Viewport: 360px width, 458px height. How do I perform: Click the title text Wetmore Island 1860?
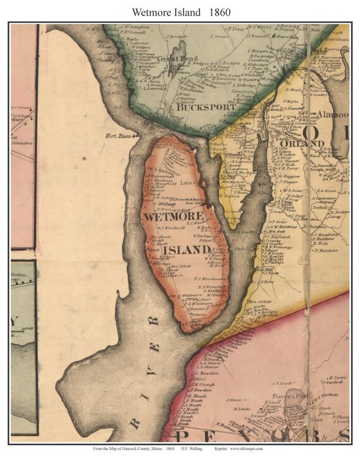(179, 11)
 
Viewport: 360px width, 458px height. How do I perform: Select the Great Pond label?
(171, 59)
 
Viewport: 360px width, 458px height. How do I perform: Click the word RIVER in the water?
(145, 366)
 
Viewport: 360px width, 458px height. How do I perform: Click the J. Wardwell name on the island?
(171, 228)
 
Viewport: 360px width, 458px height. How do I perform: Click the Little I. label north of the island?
(188, 184)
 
